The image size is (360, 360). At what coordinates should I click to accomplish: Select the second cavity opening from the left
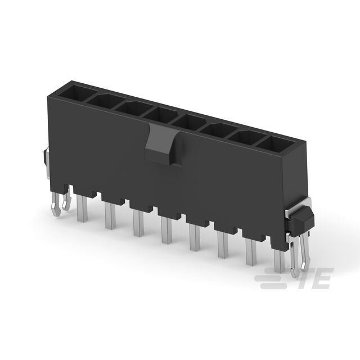(106, 101)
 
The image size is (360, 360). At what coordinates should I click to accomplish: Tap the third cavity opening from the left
(134, 108)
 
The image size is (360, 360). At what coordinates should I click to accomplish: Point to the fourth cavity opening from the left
(162, 115)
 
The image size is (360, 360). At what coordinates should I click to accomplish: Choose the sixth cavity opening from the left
(218, 130)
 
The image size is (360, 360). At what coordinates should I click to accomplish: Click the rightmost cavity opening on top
(275, 144)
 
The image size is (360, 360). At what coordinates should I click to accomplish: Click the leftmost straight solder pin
(82, 208)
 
